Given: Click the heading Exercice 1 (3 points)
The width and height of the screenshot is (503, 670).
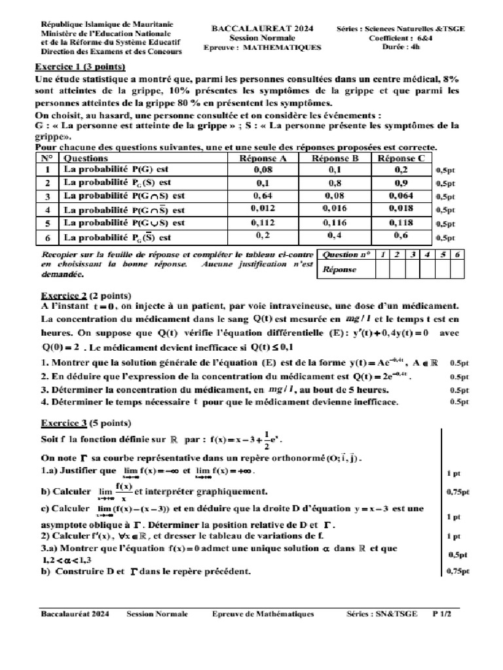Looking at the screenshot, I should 80,67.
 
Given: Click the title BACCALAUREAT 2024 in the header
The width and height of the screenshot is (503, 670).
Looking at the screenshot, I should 261,29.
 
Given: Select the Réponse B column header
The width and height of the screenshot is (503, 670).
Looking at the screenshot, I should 335,158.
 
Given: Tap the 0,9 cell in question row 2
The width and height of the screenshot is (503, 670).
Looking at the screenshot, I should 401,183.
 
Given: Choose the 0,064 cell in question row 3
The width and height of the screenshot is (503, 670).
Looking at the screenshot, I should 401,196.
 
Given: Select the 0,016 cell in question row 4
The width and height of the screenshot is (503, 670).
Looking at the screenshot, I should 335,209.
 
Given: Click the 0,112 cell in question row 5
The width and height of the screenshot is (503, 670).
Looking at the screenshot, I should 262,223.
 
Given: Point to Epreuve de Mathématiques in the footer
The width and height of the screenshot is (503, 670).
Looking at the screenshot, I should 263,614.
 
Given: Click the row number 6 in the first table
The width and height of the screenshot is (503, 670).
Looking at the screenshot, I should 47,238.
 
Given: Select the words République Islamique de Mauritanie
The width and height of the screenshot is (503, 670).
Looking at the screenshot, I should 98,23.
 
